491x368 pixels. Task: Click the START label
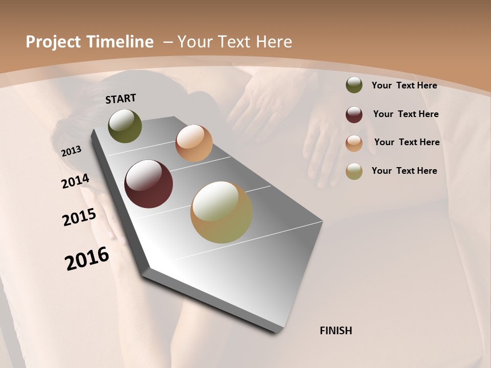pos(121,98)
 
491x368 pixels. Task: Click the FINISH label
pos(336,331)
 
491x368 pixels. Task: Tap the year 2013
pos(72,151)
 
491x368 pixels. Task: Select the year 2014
pos(75,181)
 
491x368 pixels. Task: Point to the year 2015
pos(79,217)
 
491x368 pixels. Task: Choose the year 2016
pos(87,258)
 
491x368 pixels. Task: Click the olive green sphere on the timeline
pos(125,126)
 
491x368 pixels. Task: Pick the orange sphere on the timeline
pos(194,143)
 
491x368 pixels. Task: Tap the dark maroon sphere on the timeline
pos(148,184)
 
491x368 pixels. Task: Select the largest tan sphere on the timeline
pos(221,212)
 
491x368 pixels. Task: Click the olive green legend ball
pos(354,85)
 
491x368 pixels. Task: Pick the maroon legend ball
pos(354,114)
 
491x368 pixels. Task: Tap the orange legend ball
pos(354,143)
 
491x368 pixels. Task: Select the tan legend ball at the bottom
pos(354,171)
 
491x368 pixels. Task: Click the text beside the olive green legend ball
pos(404,85)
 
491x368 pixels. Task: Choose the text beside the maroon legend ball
pos(406,114)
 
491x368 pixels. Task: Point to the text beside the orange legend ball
pos(407,142)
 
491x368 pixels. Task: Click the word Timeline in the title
pos(121,42)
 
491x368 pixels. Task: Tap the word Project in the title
pos(54,42)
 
